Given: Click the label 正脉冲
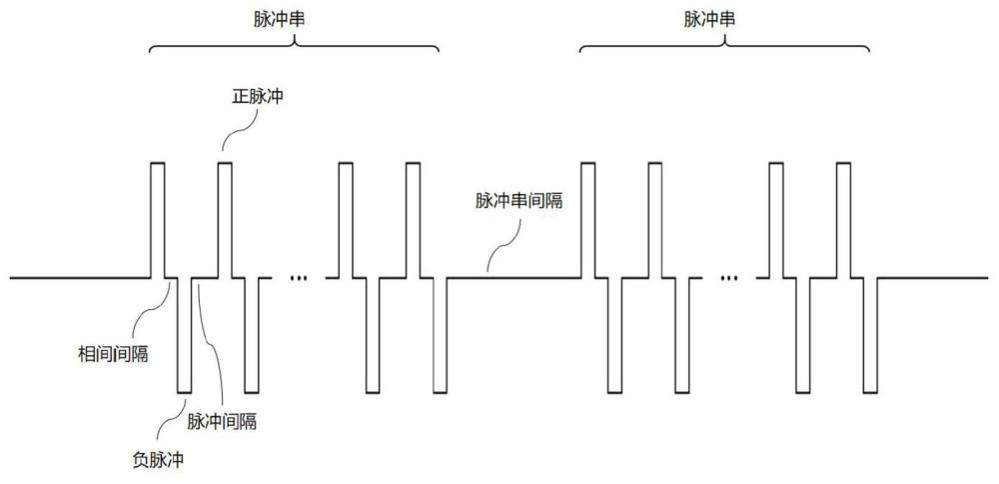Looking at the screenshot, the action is [257, 98].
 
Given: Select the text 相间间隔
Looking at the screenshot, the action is [113, 355].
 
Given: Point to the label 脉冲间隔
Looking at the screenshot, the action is [223, 422].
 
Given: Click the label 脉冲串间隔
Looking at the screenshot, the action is [519, 202].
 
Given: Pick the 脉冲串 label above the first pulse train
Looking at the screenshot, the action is [279, 20].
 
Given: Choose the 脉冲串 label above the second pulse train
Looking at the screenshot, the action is [709, 20].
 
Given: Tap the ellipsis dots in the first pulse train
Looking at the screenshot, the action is [298, 278].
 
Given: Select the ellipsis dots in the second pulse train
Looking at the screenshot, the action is [729, 278].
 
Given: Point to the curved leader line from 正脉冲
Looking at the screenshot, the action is [240, 129].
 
